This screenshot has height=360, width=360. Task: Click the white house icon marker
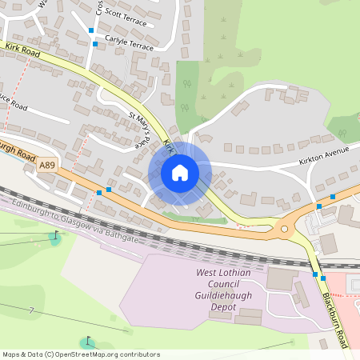[179, 173]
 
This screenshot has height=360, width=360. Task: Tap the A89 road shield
[48, 164]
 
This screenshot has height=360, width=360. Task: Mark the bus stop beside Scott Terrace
[91, 30]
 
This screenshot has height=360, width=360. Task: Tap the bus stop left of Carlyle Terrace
[94, 44]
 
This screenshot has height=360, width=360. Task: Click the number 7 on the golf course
[31, 310]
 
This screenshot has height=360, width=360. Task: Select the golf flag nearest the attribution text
[88, 339]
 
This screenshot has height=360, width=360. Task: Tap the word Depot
[227, 306]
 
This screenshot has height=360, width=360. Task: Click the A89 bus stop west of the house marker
[99, 192]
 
